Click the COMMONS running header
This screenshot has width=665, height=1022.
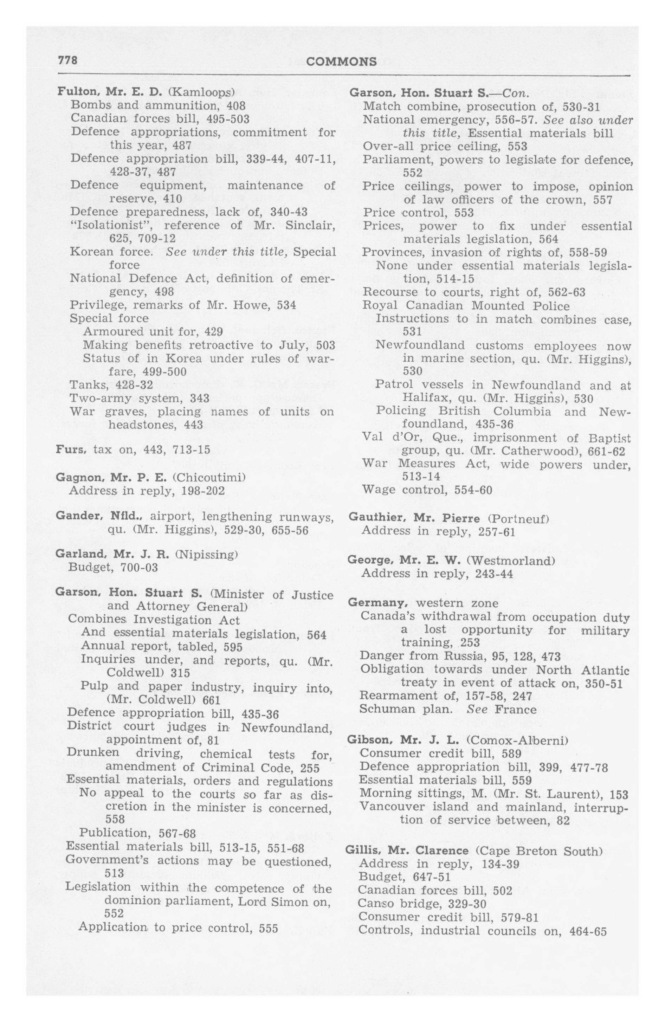pos(342,62)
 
